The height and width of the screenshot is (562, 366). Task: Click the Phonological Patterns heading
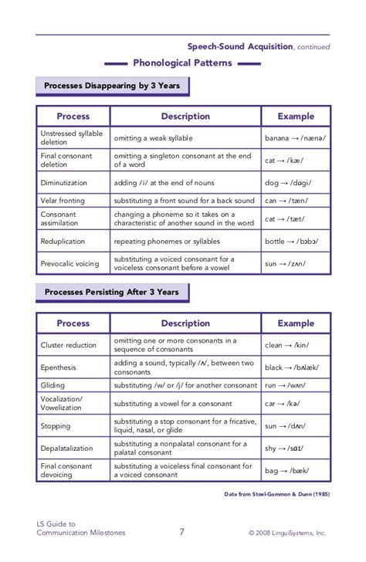(x=182, y=63)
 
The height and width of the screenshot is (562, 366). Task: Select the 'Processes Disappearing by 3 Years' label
(x=112, y=86)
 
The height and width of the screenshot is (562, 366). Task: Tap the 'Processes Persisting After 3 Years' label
(x=112, y=293)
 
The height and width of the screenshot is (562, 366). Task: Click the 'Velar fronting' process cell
(x=64, y=201)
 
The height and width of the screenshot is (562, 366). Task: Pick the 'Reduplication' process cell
(x=63, y=241)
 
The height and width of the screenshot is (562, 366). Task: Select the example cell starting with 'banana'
(x=295, y=138)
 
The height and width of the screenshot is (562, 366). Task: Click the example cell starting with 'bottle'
(x=295, y=241)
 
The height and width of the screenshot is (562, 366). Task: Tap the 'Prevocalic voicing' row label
(x=69, y=263)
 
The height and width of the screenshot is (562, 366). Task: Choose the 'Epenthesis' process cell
(x=59, y=367)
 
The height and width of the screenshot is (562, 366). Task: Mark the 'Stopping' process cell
(x=56, y=425)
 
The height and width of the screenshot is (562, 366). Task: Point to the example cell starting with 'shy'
(x=295, y=449)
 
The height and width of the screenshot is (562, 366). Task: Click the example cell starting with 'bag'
(x=295, y=470)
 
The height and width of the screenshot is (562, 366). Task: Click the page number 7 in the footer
(x=182, y=531)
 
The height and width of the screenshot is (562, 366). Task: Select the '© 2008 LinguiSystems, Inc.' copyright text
(x=287, y=533)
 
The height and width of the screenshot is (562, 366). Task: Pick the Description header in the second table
(x=185, y=323)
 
